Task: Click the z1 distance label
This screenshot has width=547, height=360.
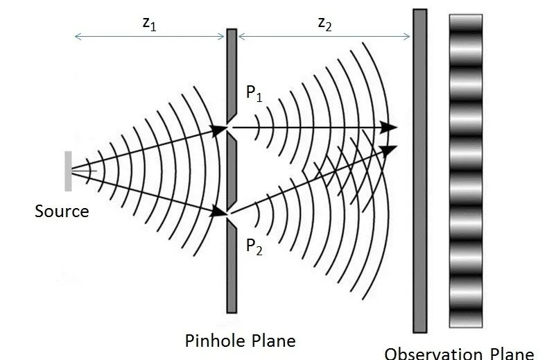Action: coord(148,22)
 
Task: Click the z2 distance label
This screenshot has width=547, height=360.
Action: coord(324,22)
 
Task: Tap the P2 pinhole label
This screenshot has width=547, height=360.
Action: coord(254,246)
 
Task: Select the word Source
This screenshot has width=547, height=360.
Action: coord(62,210)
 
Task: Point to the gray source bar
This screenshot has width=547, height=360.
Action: coord(68,171)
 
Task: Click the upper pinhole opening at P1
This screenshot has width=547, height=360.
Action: coord(232,128)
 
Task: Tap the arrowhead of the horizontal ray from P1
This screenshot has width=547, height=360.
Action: coord(390,128)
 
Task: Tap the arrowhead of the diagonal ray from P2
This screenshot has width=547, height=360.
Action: coord(390,149)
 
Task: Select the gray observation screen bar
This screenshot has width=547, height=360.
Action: coord(419,170)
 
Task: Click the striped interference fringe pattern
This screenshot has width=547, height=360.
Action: coord(466,170)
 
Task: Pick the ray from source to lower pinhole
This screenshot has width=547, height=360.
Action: coord(149,192)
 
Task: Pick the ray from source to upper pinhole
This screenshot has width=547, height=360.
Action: coord(149,149)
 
